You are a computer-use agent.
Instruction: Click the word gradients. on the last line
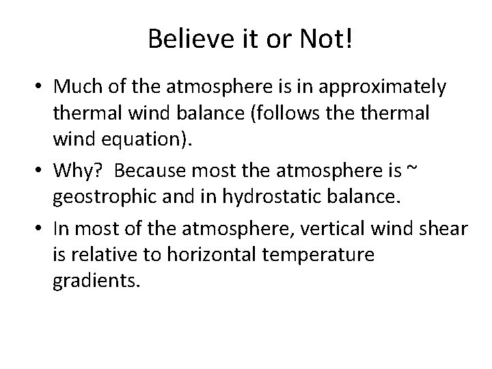(96, 281)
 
